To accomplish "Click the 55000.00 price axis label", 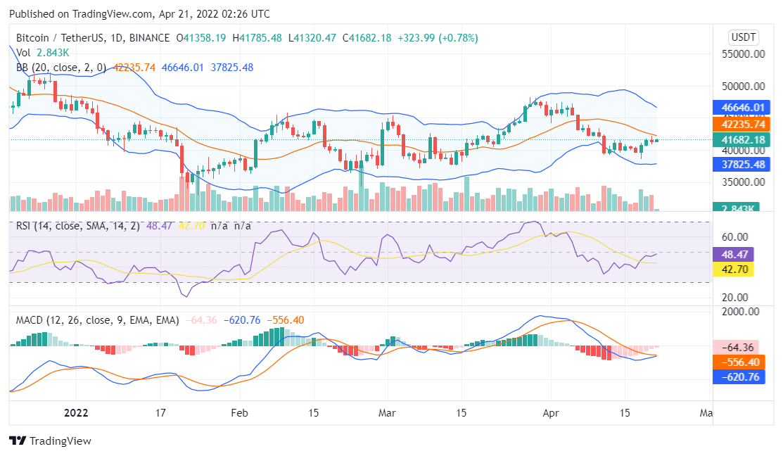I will click(746, 53).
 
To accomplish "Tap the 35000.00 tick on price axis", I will click(746, 182).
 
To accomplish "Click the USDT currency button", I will click(744, 37).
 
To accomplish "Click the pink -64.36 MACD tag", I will click(734, 347).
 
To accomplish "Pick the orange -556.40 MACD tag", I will click(734, 362).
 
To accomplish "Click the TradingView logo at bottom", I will click(50, 441).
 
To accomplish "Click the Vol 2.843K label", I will click(43, 53).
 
